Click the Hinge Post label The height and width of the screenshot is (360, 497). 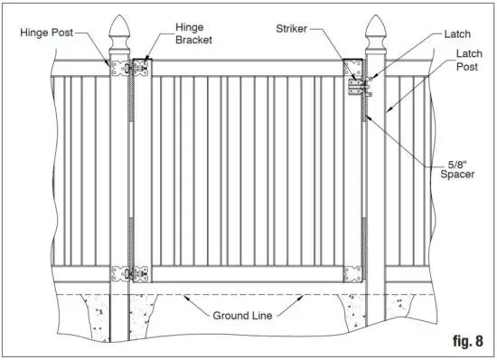45,32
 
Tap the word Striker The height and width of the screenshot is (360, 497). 291,30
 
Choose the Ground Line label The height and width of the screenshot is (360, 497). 245,317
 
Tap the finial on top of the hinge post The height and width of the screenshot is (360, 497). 119,36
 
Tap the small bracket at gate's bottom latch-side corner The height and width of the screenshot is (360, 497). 351,273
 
